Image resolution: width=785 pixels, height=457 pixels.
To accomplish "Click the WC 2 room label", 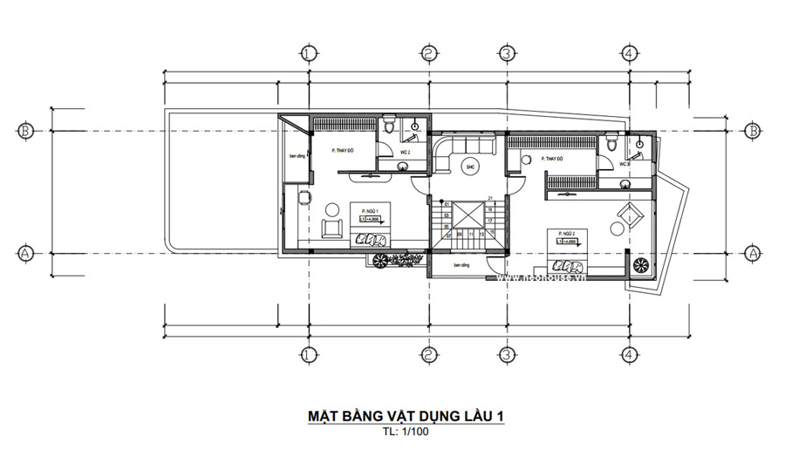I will [x=406, y=153].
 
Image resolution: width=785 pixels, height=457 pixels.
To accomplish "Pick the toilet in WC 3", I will [x=613, y=142].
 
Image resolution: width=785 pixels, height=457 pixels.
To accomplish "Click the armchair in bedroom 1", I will [x=331, y=228].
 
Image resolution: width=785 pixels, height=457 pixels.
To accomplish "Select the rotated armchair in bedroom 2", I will [x=628, y=213].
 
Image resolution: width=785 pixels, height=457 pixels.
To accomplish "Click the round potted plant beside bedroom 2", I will [x=640, y=264].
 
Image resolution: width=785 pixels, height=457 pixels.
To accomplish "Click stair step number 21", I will [x=491, y=198].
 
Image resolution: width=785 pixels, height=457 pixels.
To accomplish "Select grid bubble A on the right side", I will [x=753, y=252].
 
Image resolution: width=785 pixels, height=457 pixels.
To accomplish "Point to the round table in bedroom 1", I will [x=332, y=209].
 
